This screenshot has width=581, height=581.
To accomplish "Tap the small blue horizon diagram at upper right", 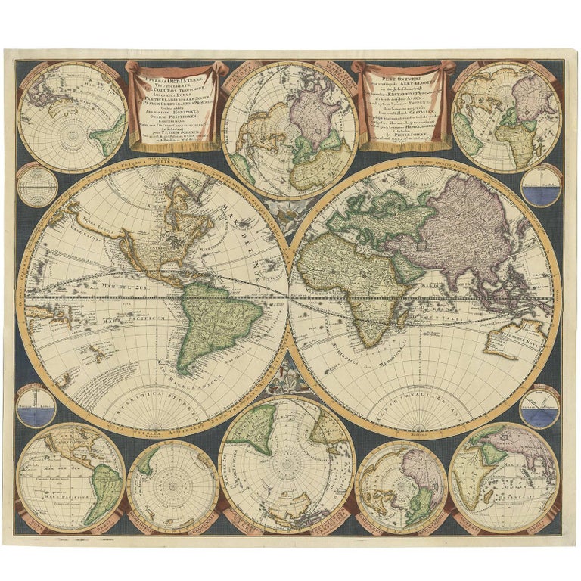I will [540, 185].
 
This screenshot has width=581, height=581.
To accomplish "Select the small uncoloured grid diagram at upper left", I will [37, 184].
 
